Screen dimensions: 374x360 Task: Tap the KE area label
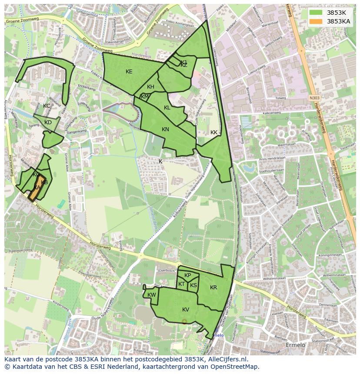coord(129,72)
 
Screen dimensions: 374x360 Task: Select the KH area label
coord(150,87)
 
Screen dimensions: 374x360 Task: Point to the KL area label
coord(167,108)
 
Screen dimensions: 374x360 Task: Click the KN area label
coord(165,129)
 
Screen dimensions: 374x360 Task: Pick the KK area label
coord(213,132)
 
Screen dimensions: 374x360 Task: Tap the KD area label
coord(48,122)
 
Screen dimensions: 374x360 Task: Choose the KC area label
coord(47,106)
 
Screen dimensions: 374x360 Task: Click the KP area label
coord(187,275)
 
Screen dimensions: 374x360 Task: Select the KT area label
coord(181,284)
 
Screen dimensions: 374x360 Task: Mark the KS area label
coord(193,285)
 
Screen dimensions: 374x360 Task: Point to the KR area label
coord(213,288)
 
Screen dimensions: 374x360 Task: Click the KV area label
coord(186,310)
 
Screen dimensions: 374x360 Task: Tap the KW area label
coord(151,295)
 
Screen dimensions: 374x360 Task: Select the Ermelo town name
coord(295,345)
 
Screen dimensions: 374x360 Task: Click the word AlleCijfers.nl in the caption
coord(226,360)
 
